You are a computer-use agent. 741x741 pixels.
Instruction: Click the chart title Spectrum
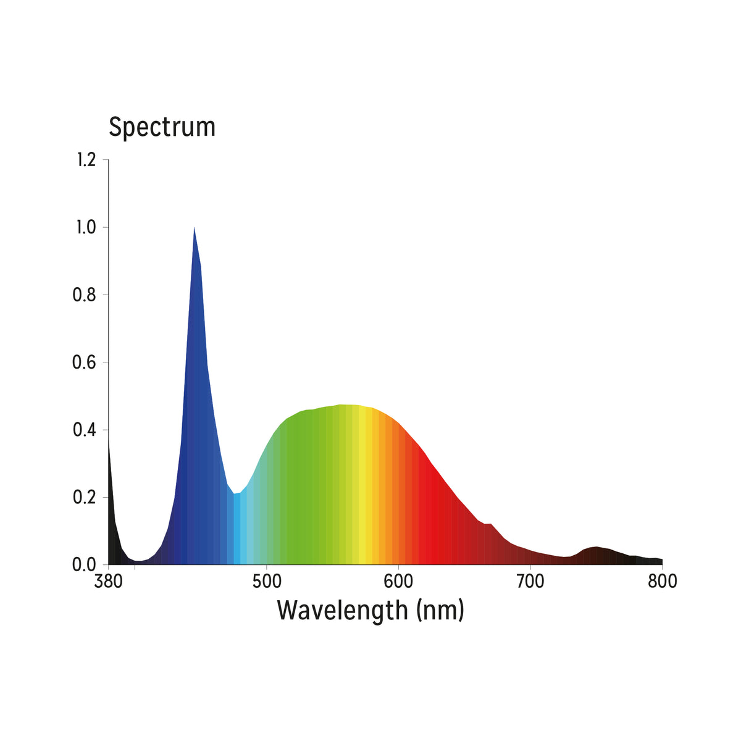tap(162, 127)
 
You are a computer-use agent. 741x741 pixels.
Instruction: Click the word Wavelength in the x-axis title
tap(342, 610)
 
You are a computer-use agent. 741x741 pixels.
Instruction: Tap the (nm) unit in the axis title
tap(440, 610)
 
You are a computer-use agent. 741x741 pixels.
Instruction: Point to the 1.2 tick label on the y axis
tap(86, 160)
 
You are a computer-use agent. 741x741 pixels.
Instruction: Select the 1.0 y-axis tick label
tap(86, 227)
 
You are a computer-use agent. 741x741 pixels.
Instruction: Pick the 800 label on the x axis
tap(662, 582)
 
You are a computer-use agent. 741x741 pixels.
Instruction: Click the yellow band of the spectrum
tap(369, 482)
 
